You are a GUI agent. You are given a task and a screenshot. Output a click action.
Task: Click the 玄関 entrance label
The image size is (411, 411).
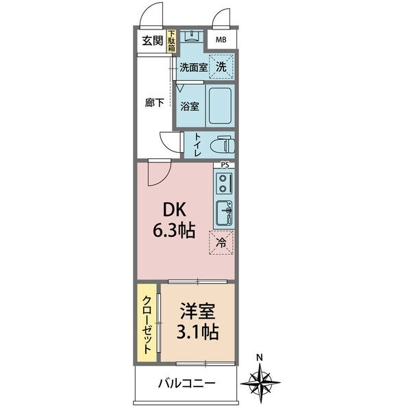(x=152, y=40)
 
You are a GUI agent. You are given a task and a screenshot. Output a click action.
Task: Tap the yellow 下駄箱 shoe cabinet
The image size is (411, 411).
(x=171, y=41)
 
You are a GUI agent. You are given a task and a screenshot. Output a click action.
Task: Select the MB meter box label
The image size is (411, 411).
(x=221, y=39)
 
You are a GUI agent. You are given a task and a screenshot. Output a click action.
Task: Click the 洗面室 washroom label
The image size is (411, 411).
(x=193, y=67)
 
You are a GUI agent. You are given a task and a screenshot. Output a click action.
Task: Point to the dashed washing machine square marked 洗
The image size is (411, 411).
(x=221, y=66)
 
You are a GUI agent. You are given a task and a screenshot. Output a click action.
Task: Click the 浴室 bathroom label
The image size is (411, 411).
(x=190, y=106)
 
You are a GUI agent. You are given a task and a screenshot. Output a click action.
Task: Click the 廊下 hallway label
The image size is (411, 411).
(x=155, y=103)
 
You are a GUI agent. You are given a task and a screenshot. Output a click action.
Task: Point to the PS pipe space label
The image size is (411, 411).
(x=224, y=165)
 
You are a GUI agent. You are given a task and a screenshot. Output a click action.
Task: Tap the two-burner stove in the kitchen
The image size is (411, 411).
(x=224, y=183)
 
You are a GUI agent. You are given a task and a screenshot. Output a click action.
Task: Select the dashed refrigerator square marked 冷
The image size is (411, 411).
(x=221, y=242)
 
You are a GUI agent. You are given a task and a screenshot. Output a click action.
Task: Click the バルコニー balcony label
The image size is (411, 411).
(x=186, y=384)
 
